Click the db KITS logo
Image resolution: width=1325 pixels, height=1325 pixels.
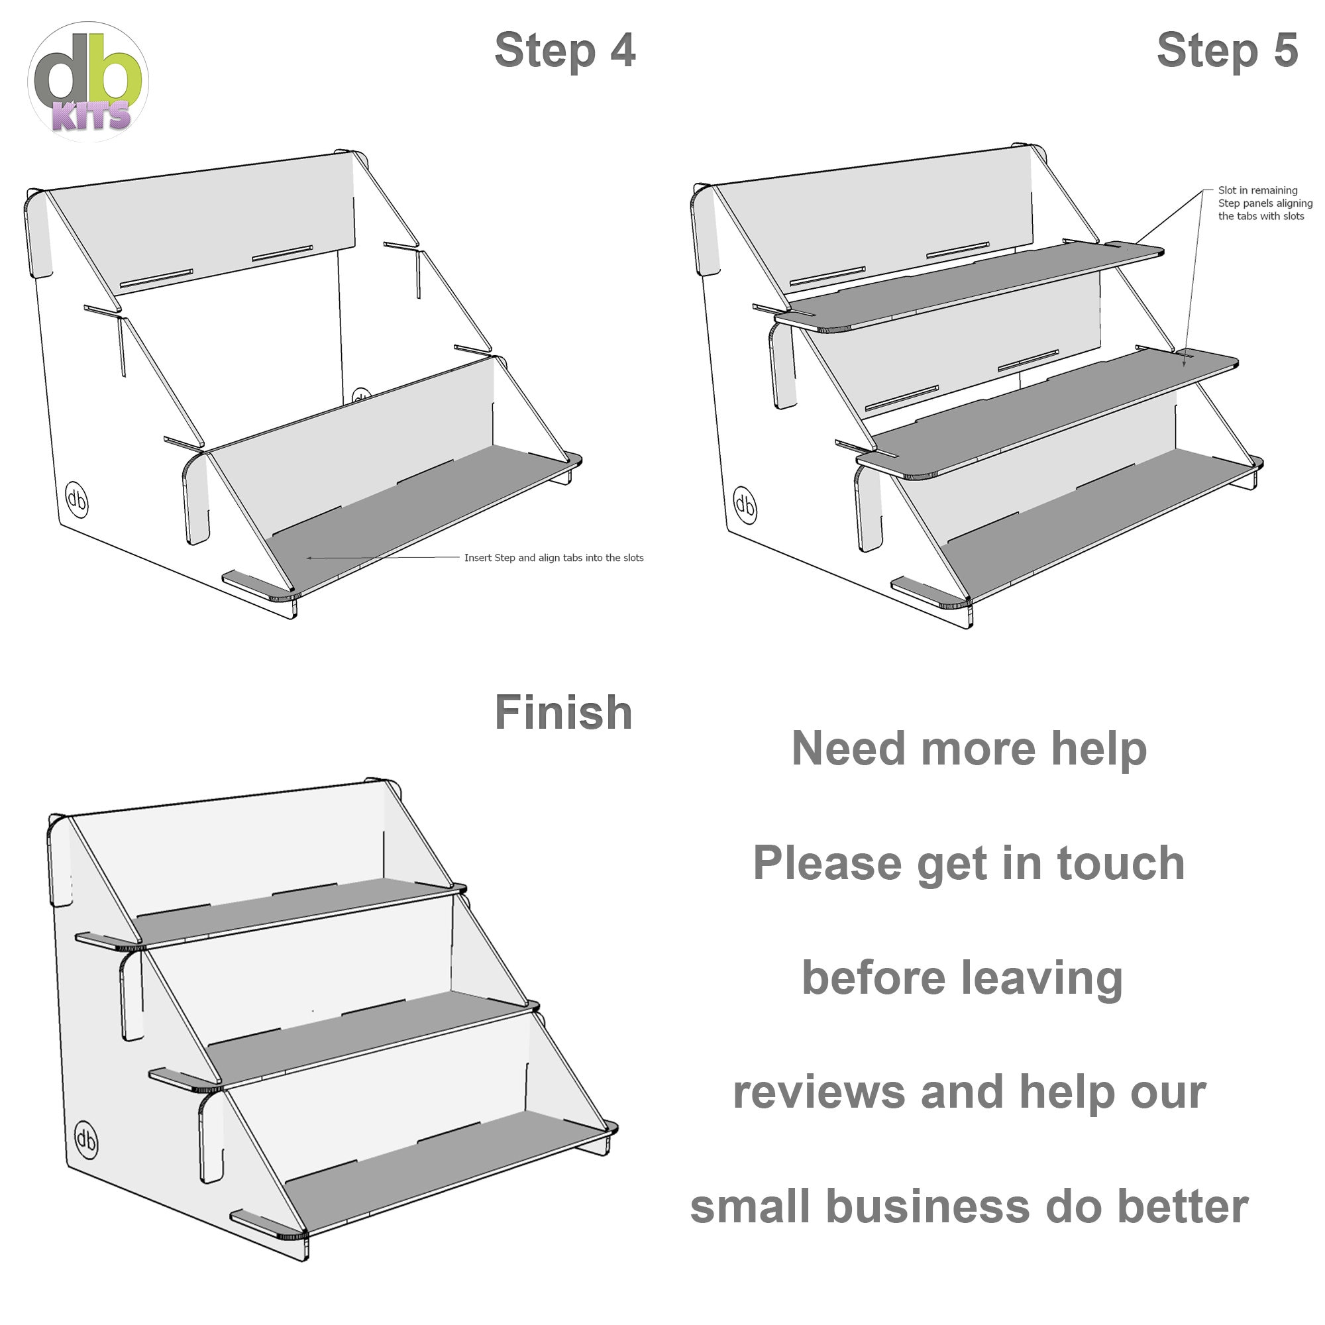pyautogui.click(x=88, y=81)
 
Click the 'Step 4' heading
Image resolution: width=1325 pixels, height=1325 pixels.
pyautogui.click(x=564, y=51)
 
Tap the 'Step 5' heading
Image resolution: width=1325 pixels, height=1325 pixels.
pyautogui.click(x=1227, y=51)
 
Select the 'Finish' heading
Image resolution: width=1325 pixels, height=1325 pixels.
pyautogui.click(x=563, y=713)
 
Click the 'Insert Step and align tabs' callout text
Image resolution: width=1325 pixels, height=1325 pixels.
pyautogui.click(x=553, y=558)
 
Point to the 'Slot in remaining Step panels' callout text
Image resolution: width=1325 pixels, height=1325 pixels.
pyautogui.click(x=1265, y=203)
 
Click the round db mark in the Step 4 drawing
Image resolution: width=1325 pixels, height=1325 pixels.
pyautogui.click(x=77, y=501)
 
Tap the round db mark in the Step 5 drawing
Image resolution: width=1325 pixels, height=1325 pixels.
pyautogui.click(x=745, y=505)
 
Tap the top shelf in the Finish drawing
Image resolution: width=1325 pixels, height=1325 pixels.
pyautogui.click(x=295, y=911)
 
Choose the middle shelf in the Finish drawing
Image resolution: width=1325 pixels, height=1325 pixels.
pyautogui.click(x=370, y=1041)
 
